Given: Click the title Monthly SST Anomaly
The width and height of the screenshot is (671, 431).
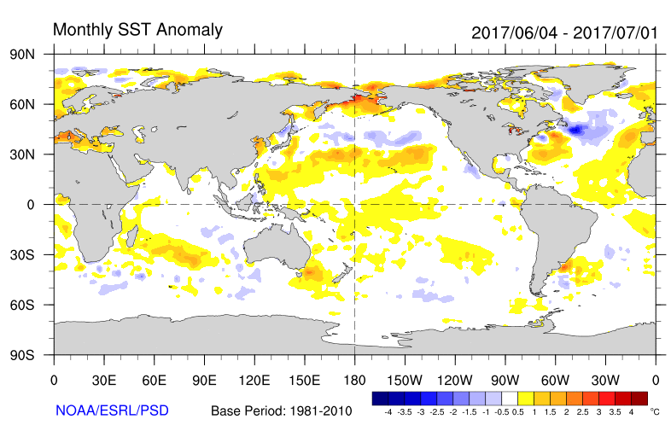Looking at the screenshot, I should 137,30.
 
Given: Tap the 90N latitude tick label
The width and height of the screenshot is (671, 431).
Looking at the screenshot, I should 32,54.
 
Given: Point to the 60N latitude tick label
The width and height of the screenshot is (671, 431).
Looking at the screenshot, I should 32,104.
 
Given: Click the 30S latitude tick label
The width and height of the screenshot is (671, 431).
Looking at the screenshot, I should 32,254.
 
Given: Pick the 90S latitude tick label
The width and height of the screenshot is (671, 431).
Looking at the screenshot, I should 32,354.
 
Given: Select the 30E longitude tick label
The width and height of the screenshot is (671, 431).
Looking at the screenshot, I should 103,380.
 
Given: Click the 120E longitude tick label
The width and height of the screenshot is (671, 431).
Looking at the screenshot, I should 254,380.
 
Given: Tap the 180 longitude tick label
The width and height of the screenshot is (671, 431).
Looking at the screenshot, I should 354,380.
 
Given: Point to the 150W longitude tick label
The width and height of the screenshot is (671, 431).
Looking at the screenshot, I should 405,380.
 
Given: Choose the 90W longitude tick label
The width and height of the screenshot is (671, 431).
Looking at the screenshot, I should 505,380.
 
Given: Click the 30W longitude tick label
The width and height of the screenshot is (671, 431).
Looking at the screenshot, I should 605,380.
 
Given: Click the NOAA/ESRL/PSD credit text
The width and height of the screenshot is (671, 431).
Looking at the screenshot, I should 112,411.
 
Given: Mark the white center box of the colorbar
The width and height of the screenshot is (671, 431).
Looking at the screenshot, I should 510,398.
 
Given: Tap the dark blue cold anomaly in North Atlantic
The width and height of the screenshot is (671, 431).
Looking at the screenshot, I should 578,130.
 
